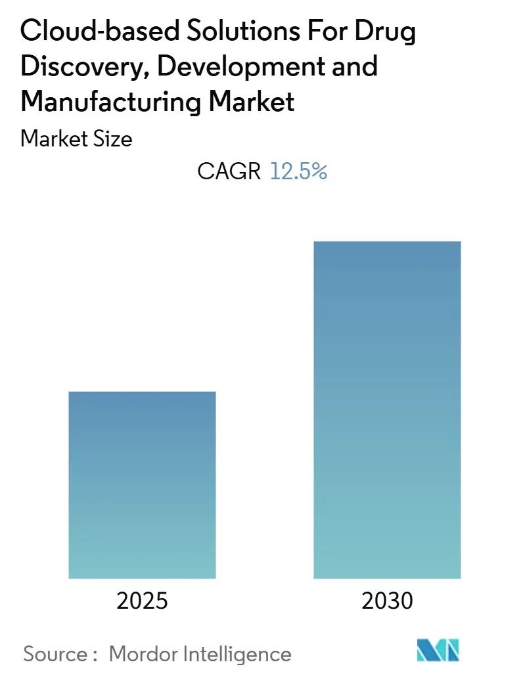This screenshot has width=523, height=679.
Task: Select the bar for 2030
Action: [387, 410]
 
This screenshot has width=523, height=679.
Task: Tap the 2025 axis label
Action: [142, 601]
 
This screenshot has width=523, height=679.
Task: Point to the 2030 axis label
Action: [387, 601]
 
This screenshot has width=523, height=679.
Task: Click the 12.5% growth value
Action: [298, 172]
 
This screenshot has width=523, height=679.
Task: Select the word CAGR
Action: [229, 172]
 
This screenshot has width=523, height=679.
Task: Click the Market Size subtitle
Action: [77, 139]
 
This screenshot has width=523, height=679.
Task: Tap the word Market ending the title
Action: [258, 102]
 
